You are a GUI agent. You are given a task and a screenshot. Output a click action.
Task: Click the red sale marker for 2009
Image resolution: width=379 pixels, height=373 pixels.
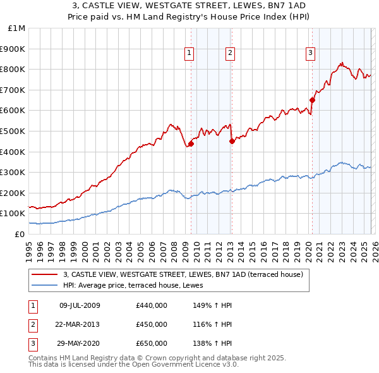click(x=191, y=144)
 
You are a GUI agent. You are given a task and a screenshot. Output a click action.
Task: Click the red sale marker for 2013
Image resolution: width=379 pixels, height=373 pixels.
click(x=232, y=142)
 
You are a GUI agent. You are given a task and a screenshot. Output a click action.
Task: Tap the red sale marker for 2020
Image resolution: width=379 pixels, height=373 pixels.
click(x=312, y=100)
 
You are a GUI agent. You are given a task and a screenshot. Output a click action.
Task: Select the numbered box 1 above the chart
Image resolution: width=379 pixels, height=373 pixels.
click(x=190, y=53)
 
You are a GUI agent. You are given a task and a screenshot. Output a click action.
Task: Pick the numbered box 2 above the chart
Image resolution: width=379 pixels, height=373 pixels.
click(x=231, y=53)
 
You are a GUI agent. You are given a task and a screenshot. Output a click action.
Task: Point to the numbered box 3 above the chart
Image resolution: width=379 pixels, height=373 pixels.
click(x=311, y=53)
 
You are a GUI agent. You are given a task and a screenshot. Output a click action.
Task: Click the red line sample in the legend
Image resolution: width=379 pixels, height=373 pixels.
click(x=45, y=274)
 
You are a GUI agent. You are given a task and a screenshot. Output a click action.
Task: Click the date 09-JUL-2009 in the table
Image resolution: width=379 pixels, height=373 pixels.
click(x=80, y=305)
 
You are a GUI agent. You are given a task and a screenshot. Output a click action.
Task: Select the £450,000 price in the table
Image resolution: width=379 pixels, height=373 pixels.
click(x=151, y=324)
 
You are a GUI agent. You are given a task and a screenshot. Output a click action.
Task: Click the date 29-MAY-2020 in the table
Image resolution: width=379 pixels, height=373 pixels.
click(x=80, y=343)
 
